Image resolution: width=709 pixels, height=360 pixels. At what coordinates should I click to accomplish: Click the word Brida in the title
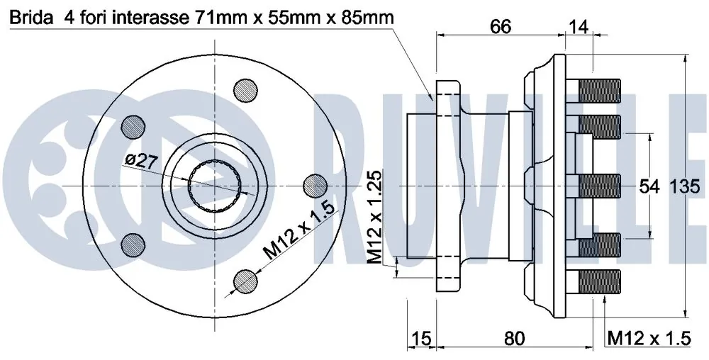29,16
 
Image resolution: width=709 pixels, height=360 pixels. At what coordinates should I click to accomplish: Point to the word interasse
146,16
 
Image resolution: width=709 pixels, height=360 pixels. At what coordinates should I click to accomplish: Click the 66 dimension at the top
501,27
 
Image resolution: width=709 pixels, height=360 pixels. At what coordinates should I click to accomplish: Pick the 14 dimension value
578,27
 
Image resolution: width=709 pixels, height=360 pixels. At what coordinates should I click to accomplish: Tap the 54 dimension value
649,187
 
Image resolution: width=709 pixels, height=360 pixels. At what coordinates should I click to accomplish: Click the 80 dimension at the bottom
515,339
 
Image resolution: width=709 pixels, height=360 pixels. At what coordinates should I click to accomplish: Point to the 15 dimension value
421,339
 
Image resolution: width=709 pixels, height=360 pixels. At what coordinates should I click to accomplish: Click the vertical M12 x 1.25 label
375,216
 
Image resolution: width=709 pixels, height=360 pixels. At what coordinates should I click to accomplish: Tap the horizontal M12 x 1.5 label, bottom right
649,339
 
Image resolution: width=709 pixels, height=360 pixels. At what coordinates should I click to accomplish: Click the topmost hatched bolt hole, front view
247,90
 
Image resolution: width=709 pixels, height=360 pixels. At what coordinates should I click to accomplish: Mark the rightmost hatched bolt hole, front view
316,186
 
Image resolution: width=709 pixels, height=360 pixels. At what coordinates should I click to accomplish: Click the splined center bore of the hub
216,186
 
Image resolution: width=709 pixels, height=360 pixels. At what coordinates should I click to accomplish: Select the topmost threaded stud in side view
600,89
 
